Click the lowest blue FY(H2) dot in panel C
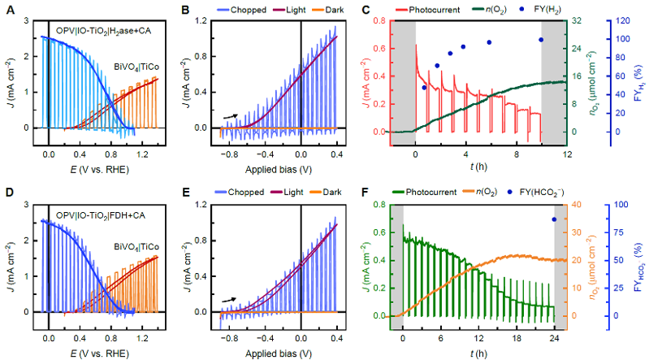pos(424,88)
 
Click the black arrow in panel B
pos(231,117)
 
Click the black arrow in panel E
pos(231,300)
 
